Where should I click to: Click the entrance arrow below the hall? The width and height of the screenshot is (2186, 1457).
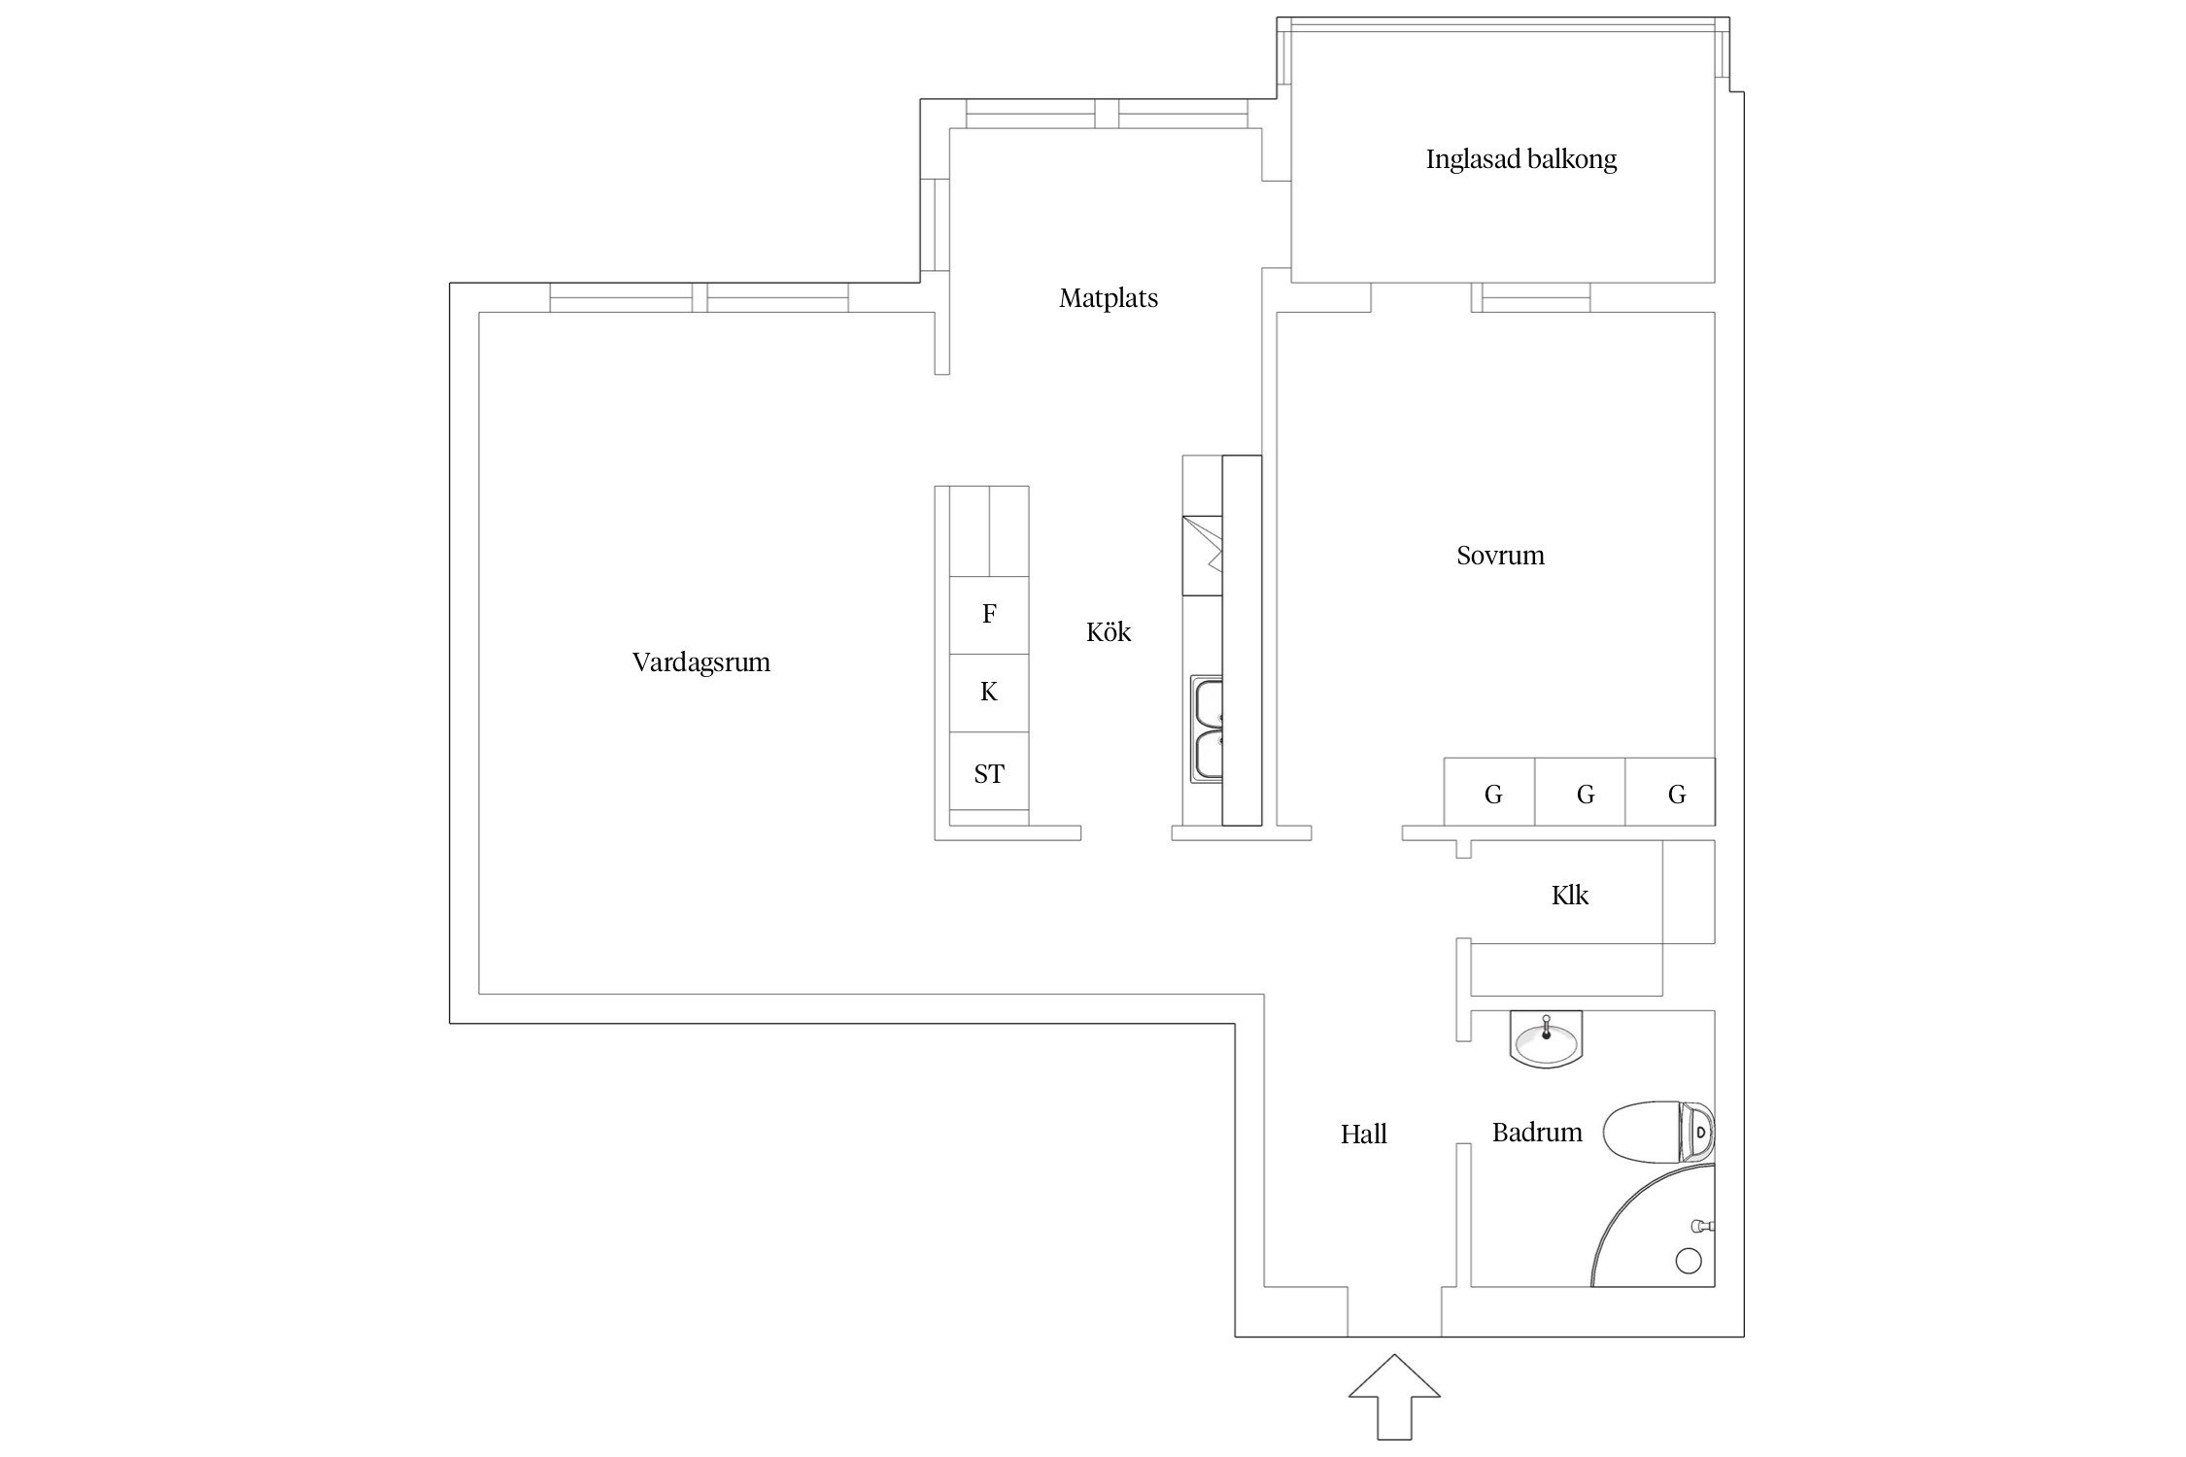1394,1409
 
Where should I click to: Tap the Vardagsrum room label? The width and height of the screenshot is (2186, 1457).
700,662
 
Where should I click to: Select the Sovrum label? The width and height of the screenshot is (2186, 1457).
1499,556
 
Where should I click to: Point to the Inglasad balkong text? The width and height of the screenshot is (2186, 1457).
1520,159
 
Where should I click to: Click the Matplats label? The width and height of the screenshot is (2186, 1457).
1108,298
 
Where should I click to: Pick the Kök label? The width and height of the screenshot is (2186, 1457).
1108,632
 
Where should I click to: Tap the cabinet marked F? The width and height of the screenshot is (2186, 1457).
988,614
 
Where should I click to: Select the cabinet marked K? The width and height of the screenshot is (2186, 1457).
988,692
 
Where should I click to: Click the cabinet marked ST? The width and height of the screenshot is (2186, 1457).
988,774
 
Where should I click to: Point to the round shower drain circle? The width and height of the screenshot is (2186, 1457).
1689,1261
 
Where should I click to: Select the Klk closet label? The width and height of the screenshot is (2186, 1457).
1569,896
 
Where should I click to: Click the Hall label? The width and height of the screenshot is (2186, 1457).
1363,1135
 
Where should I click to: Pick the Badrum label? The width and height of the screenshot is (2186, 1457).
1536,1133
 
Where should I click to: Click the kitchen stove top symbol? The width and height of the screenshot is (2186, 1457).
1202,557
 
